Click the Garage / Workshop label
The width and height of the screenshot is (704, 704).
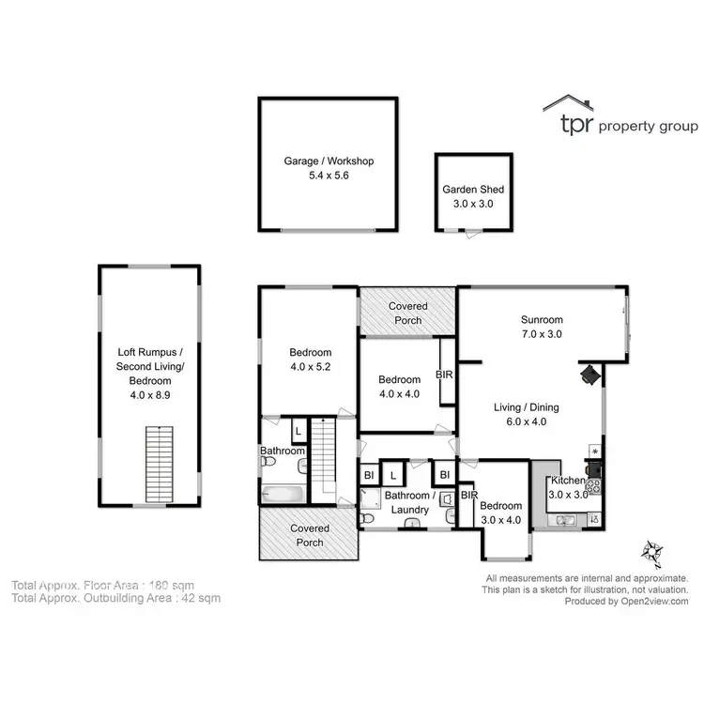click(329, 161)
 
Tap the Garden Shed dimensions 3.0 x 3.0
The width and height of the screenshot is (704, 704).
click(473, 202)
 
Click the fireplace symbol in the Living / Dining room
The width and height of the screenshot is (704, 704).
click(588, 374)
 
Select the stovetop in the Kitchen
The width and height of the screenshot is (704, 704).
click(593, 485)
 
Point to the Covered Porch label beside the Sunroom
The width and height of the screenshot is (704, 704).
click(407, 314)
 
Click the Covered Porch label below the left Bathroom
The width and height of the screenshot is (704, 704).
click(309, 535)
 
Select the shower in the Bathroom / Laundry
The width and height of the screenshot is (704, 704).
click(370, 497)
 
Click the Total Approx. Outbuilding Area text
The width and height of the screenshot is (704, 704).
click(116, 597)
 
